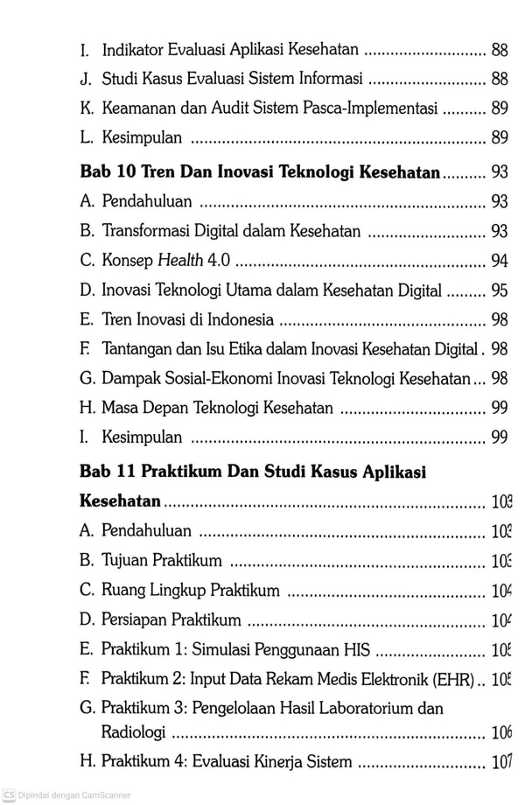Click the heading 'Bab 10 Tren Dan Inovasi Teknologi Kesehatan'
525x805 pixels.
(259, 173)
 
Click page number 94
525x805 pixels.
(500, 261)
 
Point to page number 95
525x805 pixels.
(500, 290)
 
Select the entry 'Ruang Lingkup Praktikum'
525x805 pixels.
(191, 591)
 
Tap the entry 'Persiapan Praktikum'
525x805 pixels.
(171, 620)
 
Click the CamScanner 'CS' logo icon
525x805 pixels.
(9, 795)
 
